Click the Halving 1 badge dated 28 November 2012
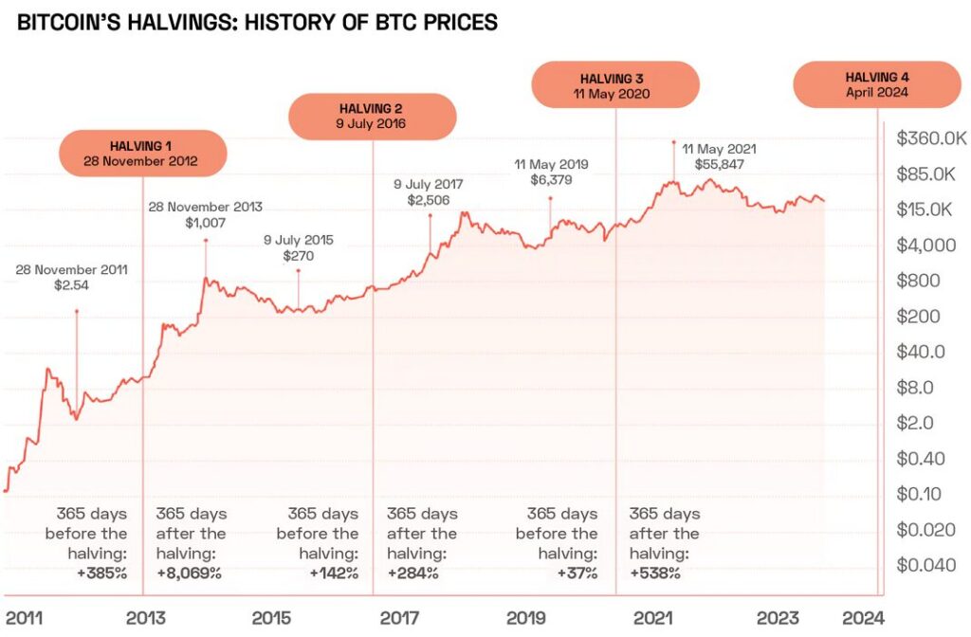pos(142,153)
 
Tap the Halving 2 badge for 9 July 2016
pos(372,116)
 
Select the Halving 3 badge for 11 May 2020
pos(615,84)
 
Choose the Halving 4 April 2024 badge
pos(876,84)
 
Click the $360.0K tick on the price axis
pos(928,138)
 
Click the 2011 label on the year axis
pos(25,617)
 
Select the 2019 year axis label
pos(525,617)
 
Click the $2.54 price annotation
pos(72,285)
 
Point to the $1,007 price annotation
pos(205,222)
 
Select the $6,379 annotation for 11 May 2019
pos(551,179)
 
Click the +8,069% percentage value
pos(189,573)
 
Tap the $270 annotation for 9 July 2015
pos(299,255)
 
